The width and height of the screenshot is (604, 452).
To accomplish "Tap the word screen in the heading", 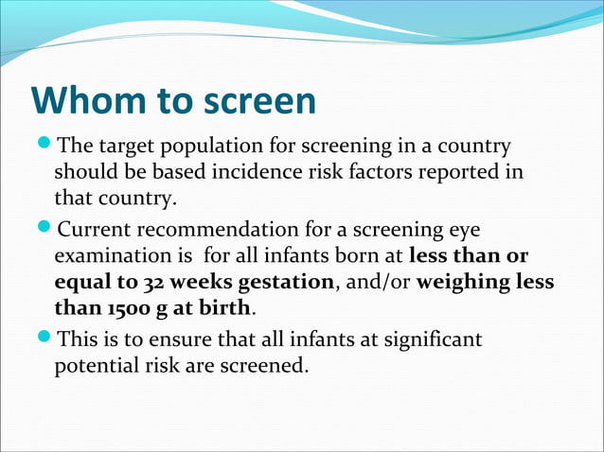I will pos(257,101).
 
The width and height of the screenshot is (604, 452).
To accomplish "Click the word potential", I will pos(95,365).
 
